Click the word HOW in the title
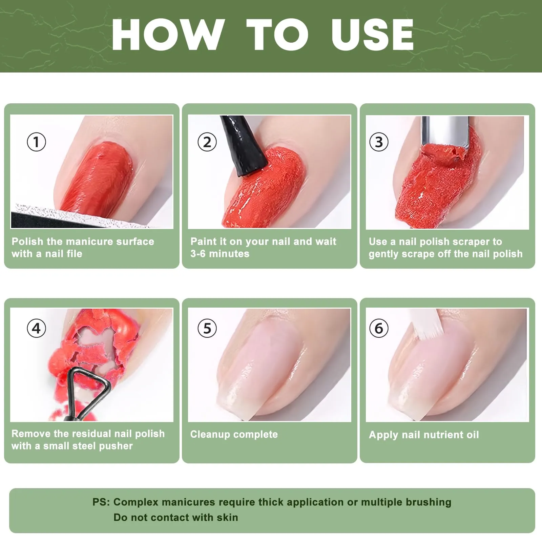click(x=168, y=35)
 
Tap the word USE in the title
click(x=373, y=35)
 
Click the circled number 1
click(x=36, y=142)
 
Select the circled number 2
click(x=207, y=142)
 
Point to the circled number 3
click(x=379, y=142)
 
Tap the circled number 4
click(x=36, y=328)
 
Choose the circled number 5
click(x=207, y=328)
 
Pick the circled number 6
click(x=379, y=328)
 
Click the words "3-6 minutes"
click(x=220, y=254)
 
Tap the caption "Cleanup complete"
click(x=234, y=434)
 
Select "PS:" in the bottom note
click(x=101, y=502)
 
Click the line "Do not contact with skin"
click(x=176, y=517)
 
